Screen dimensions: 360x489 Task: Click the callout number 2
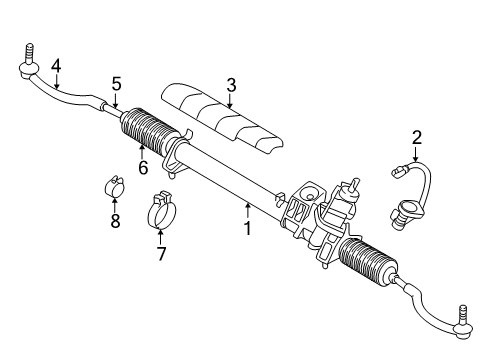(x=417, y=138)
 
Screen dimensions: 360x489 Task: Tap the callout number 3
(x=230, y=85)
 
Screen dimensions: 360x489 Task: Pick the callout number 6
(x=142, y=168)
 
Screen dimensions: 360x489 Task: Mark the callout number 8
(x=115, y=221)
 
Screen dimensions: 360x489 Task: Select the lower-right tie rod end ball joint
(x=462, y=320)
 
